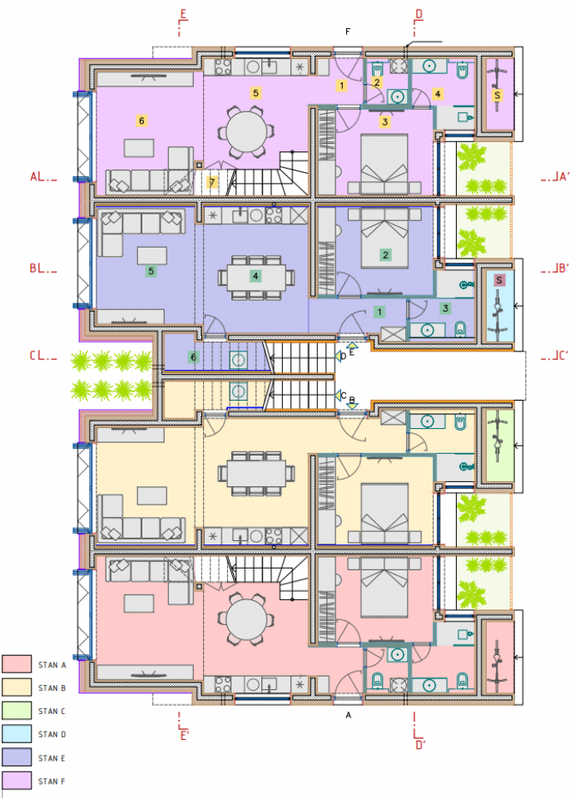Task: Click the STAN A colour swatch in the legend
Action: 16,664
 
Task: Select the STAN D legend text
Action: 52,734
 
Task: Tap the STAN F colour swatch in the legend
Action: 16,781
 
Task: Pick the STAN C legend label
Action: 52,711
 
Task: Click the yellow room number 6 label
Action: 141,121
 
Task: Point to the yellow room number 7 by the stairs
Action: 212,182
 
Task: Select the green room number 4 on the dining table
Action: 256,274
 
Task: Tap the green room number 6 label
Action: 194,357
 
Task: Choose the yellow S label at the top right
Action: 497,96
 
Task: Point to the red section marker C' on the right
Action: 556,357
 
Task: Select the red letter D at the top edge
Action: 419,14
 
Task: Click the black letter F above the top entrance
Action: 349,32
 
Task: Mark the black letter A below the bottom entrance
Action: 349,714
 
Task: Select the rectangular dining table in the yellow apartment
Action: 256,474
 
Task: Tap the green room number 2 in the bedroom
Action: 385,254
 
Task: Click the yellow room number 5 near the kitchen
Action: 256,92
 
